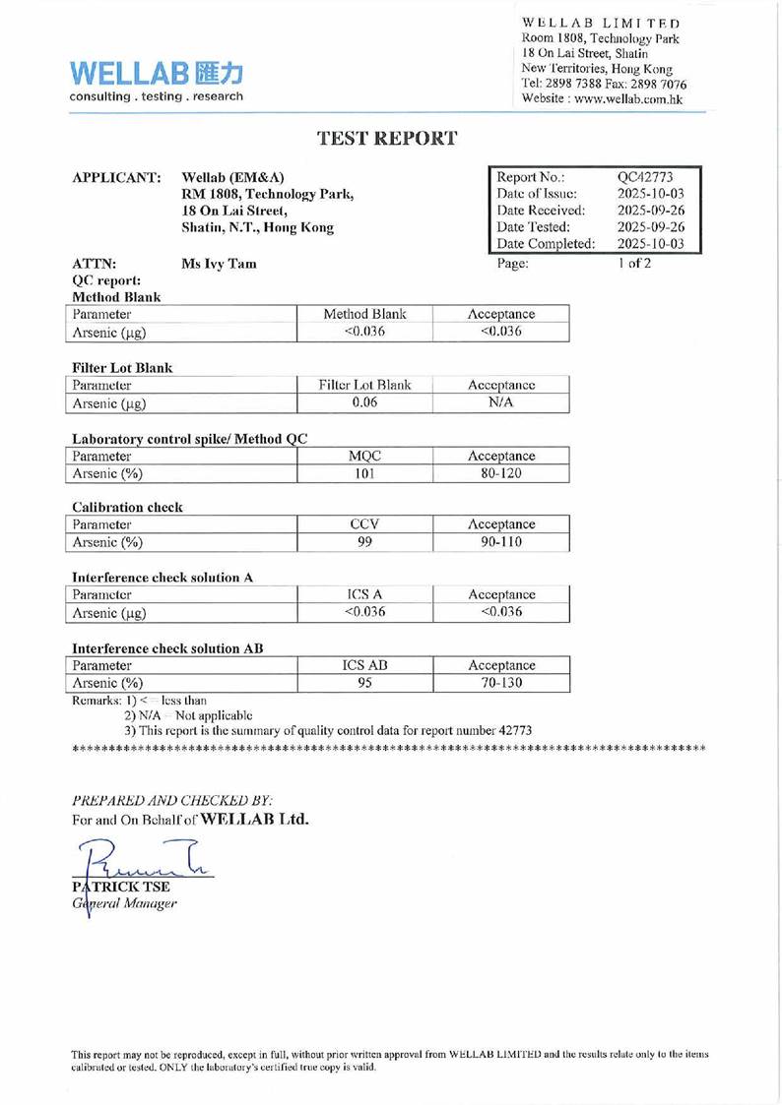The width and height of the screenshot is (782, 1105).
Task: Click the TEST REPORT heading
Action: [x=387, y=139]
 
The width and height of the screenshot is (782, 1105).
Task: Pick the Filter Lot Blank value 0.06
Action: [x=364, y=402]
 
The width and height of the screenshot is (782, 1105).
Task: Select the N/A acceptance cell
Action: [x=501, y=402]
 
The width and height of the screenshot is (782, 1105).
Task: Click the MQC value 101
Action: [x=364, y=473]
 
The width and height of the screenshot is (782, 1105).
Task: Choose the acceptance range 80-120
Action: [x=501, y=473]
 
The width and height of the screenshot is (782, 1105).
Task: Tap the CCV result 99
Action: [x=364, y=542]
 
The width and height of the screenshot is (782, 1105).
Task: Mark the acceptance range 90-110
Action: [x=501, y=542]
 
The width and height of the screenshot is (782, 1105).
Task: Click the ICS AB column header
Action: [x=364, y=665]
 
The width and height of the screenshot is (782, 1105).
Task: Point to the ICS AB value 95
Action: [x=364, y=683]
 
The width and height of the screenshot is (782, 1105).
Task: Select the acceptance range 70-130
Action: [x=501, y=683]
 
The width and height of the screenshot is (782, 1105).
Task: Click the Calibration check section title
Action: [x=127, y=508]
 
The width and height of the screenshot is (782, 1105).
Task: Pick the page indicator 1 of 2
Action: [x=634, y=263]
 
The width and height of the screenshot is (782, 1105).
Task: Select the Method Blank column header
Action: [x=364, y=314]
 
